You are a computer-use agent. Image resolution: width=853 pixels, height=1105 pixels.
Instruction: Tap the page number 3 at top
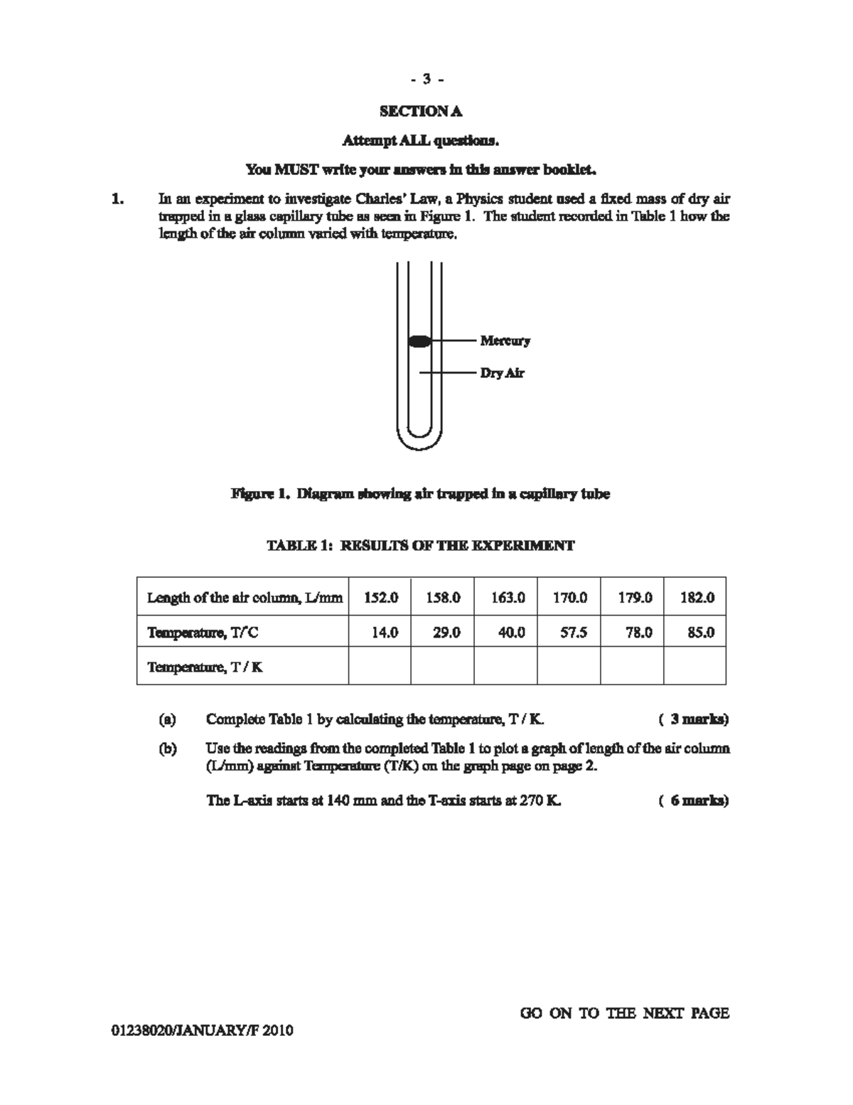[x=426, y=79]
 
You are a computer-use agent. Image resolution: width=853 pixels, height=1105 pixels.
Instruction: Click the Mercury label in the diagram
[x=505, y=341]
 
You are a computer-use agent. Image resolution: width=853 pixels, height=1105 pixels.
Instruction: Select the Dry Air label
[x=502, y=373]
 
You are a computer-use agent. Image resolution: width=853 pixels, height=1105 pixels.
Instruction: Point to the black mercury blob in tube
[x=419, y=341]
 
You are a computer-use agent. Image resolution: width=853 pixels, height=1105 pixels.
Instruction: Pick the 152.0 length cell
[x=380, y=598]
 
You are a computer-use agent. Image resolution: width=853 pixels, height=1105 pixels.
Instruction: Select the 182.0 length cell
[x=696, y=598]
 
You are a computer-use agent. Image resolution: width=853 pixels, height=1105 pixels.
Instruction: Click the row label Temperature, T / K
[x=205, y=667]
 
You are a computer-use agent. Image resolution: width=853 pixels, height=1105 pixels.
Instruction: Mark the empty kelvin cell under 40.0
[x=506, y=666]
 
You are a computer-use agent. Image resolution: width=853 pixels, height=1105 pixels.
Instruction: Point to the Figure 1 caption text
[x=420, y=494]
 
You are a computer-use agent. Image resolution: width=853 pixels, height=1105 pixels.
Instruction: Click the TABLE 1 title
[x=420, y=546]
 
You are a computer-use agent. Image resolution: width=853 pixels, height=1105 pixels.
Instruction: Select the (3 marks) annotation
[x=694, y=719]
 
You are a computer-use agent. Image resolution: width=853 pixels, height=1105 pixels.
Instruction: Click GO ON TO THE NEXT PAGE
[x=624, y=1013]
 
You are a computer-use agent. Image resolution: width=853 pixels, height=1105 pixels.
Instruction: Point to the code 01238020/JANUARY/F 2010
[x=202, y=1031]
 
